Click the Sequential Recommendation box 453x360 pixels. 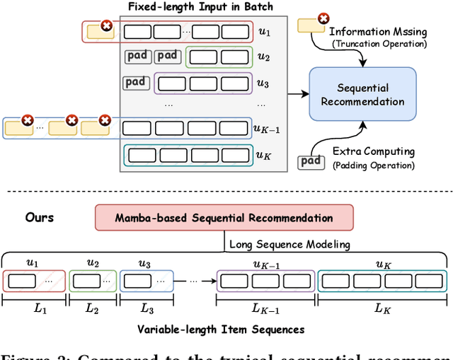[362, 94]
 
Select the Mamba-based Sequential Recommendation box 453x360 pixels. [224, 218]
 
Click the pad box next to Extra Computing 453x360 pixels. [310, 161]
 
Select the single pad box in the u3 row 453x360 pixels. [135, 82]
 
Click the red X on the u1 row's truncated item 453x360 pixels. [107, 26]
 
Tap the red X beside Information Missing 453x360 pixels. [323, 18]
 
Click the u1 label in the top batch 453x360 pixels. [263, 32]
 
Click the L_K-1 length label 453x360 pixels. [265, 309]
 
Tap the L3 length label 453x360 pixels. [147, 309]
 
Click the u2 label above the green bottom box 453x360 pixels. [93, 263]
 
